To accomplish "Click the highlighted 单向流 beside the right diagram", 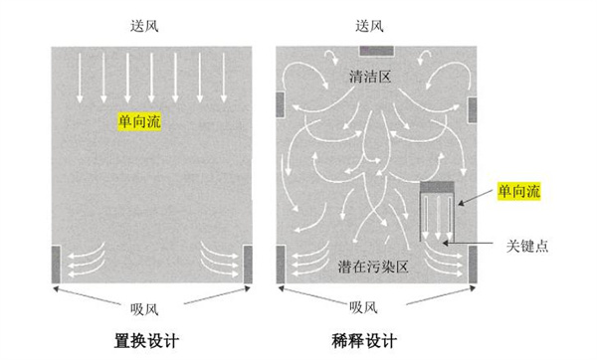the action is tap(519, 191).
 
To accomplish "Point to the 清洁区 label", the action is tap(374, 76).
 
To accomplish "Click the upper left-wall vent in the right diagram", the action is tap(283, 102).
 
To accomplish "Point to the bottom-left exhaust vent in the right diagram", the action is tap(283, 262).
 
